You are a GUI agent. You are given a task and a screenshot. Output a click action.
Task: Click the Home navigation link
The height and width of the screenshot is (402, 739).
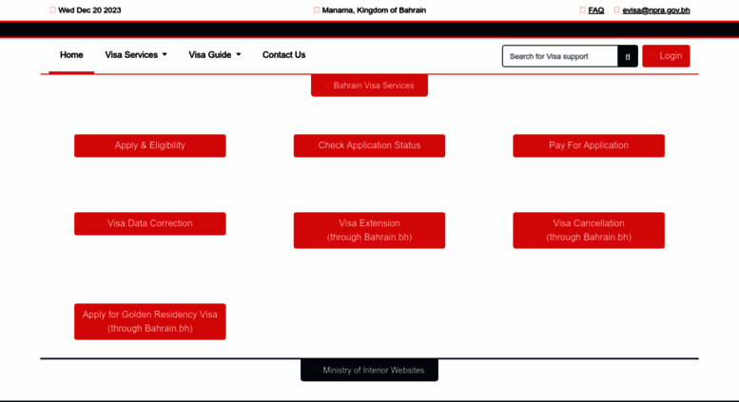coord(71,55)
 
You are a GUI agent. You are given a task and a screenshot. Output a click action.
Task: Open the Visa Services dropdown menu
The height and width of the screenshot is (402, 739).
coord(136,55)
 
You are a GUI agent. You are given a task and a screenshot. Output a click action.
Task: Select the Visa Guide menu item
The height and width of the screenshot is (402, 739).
coord(214,55)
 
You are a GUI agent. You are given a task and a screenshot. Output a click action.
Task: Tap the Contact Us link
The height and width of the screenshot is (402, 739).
coord(283,55)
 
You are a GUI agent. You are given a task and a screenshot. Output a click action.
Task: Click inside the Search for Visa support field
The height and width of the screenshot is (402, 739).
coord(560,56)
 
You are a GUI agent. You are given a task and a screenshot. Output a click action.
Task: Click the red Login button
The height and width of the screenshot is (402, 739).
coord(666,56)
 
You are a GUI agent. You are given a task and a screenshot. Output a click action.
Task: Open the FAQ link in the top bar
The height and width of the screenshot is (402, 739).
coord(595,10)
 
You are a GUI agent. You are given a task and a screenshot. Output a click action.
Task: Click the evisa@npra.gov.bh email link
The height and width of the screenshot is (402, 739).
coord(656,10)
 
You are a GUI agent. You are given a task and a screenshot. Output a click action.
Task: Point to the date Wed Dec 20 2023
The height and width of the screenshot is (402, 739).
coord(89,10)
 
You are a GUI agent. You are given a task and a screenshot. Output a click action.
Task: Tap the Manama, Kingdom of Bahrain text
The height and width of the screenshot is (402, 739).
coord(374,10)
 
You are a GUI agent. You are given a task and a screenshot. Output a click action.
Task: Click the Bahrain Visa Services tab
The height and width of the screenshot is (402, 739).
coord(369,86)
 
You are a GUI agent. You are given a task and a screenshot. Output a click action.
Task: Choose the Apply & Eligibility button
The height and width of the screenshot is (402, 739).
coord(150,145)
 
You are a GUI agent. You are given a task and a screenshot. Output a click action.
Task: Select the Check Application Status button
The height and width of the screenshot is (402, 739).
coord(369,145)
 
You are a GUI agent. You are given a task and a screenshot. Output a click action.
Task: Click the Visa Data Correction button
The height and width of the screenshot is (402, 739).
coord(150,223)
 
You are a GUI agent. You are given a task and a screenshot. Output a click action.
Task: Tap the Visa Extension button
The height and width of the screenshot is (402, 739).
coord(369,230)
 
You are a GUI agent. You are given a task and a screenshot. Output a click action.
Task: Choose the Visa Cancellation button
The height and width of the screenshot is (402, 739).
coord(589,230)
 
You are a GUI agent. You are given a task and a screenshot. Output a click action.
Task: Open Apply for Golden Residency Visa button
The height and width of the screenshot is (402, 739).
coord(150,321)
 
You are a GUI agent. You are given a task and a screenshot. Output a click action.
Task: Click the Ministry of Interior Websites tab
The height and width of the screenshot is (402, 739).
coord(369,370)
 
